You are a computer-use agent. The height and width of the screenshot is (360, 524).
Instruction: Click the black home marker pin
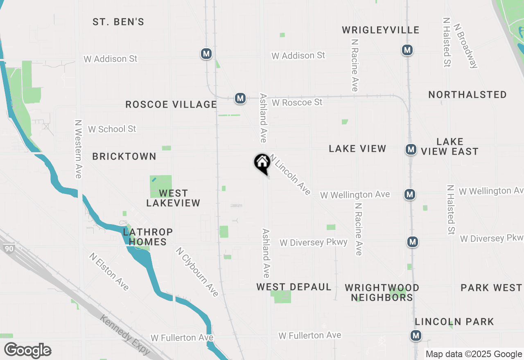coord(262,163)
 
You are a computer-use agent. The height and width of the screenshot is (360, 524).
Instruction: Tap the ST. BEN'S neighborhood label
coord(118,22)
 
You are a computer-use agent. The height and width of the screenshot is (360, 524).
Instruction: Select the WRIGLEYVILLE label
coord(381,30)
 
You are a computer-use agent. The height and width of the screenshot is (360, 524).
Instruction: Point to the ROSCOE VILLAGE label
coord(171,104)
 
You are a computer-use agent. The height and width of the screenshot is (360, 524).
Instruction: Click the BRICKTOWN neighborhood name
coord(124,156)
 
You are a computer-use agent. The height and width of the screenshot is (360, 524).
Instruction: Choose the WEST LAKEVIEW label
coord(173,198)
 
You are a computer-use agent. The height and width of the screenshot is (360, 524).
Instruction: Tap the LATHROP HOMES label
coord(148,237)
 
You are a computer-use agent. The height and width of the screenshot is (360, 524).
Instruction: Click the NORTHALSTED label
coord(468,94)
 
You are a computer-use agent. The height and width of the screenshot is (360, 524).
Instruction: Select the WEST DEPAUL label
coord(294,287)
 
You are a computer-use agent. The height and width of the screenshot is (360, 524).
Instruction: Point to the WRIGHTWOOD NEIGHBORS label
coord(382,292)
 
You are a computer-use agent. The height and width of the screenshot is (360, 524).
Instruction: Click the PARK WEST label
coord(491,288)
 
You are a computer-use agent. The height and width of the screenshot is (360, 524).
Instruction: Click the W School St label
coord(112,129)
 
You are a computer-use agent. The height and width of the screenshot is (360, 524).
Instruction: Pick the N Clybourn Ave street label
coord(197,272)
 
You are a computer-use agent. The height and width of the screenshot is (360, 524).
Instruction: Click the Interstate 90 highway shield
coord(9,248)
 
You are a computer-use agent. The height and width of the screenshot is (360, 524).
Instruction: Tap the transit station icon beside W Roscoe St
coord(240,98)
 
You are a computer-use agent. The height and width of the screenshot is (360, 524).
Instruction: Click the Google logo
coord(27,351)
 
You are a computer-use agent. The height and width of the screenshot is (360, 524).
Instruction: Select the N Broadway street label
coord(466,45)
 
